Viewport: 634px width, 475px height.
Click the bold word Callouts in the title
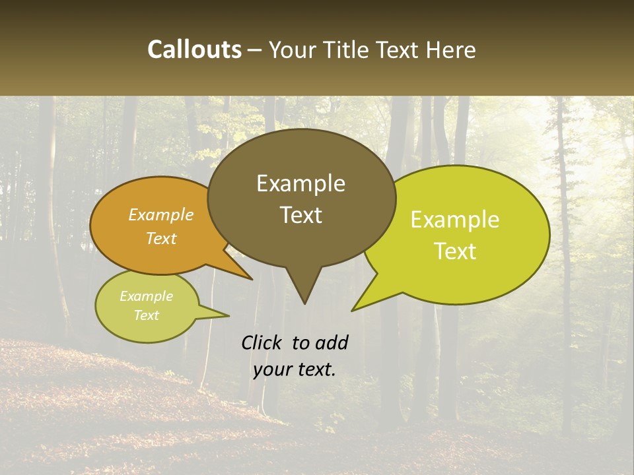point(194,49)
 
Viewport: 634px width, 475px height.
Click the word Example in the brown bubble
point(300,183)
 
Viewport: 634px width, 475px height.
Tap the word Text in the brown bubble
point(300,215)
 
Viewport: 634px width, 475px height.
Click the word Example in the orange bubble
point(161,214)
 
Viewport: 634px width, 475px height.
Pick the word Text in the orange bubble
point(161,238)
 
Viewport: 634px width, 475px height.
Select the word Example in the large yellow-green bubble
point(455,220)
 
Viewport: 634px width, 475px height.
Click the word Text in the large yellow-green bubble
point(455,251)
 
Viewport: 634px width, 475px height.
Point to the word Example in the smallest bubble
point(146,296)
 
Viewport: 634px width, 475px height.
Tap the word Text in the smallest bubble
point(146,315)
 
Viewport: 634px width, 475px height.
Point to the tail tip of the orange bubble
point(252,279)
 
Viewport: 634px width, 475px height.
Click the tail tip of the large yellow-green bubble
point(353,310)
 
